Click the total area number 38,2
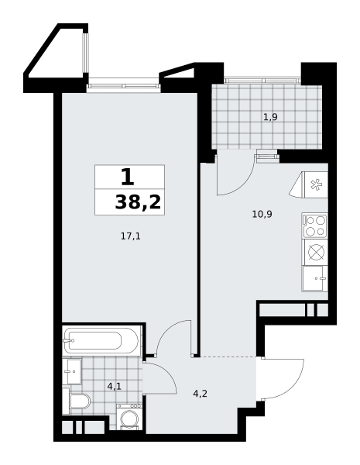click(138, 203)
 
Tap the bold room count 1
click(128, 177)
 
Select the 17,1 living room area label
click(131, 236)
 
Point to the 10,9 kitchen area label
click(262, 214)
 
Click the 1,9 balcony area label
click(270, 117)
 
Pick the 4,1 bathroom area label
click(115, 386)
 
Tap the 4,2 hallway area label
click(200, 394)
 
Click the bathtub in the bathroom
click(101, 340)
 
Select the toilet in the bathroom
click(77, 401)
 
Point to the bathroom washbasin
click(72, 371)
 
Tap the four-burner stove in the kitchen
click(314, 226)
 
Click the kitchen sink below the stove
click(314, 278)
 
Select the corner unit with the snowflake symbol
click(309, 184)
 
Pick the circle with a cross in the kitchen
click(316, 252)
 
